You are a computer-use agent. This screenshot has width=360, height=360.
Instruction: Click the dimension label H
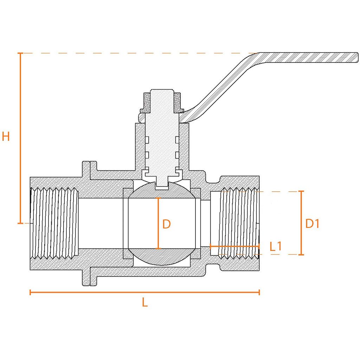6,136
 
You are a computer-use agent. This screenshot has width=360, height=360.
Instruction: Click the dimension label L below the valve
144,302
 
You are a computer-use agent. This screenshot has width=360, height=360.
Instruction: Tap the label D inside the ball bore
167,224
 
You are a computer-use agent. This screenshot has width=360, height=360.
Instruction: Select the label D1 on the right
312,224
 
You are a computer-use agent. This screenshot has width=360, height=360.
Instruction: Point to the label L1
276,246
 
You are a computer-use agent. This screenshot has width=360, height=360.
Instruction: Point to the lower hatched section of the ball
161,257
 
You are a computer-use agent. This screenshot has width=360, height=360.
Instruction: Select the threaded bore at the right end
239,224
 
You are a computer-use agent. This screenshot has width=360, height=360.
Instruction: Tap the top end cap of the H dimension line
20,53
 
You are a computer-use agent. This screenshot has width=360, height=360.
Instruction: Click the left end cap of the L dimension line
31,292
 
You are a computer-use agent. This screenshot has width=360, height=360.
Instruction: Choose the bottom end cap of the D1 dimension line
301,254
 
